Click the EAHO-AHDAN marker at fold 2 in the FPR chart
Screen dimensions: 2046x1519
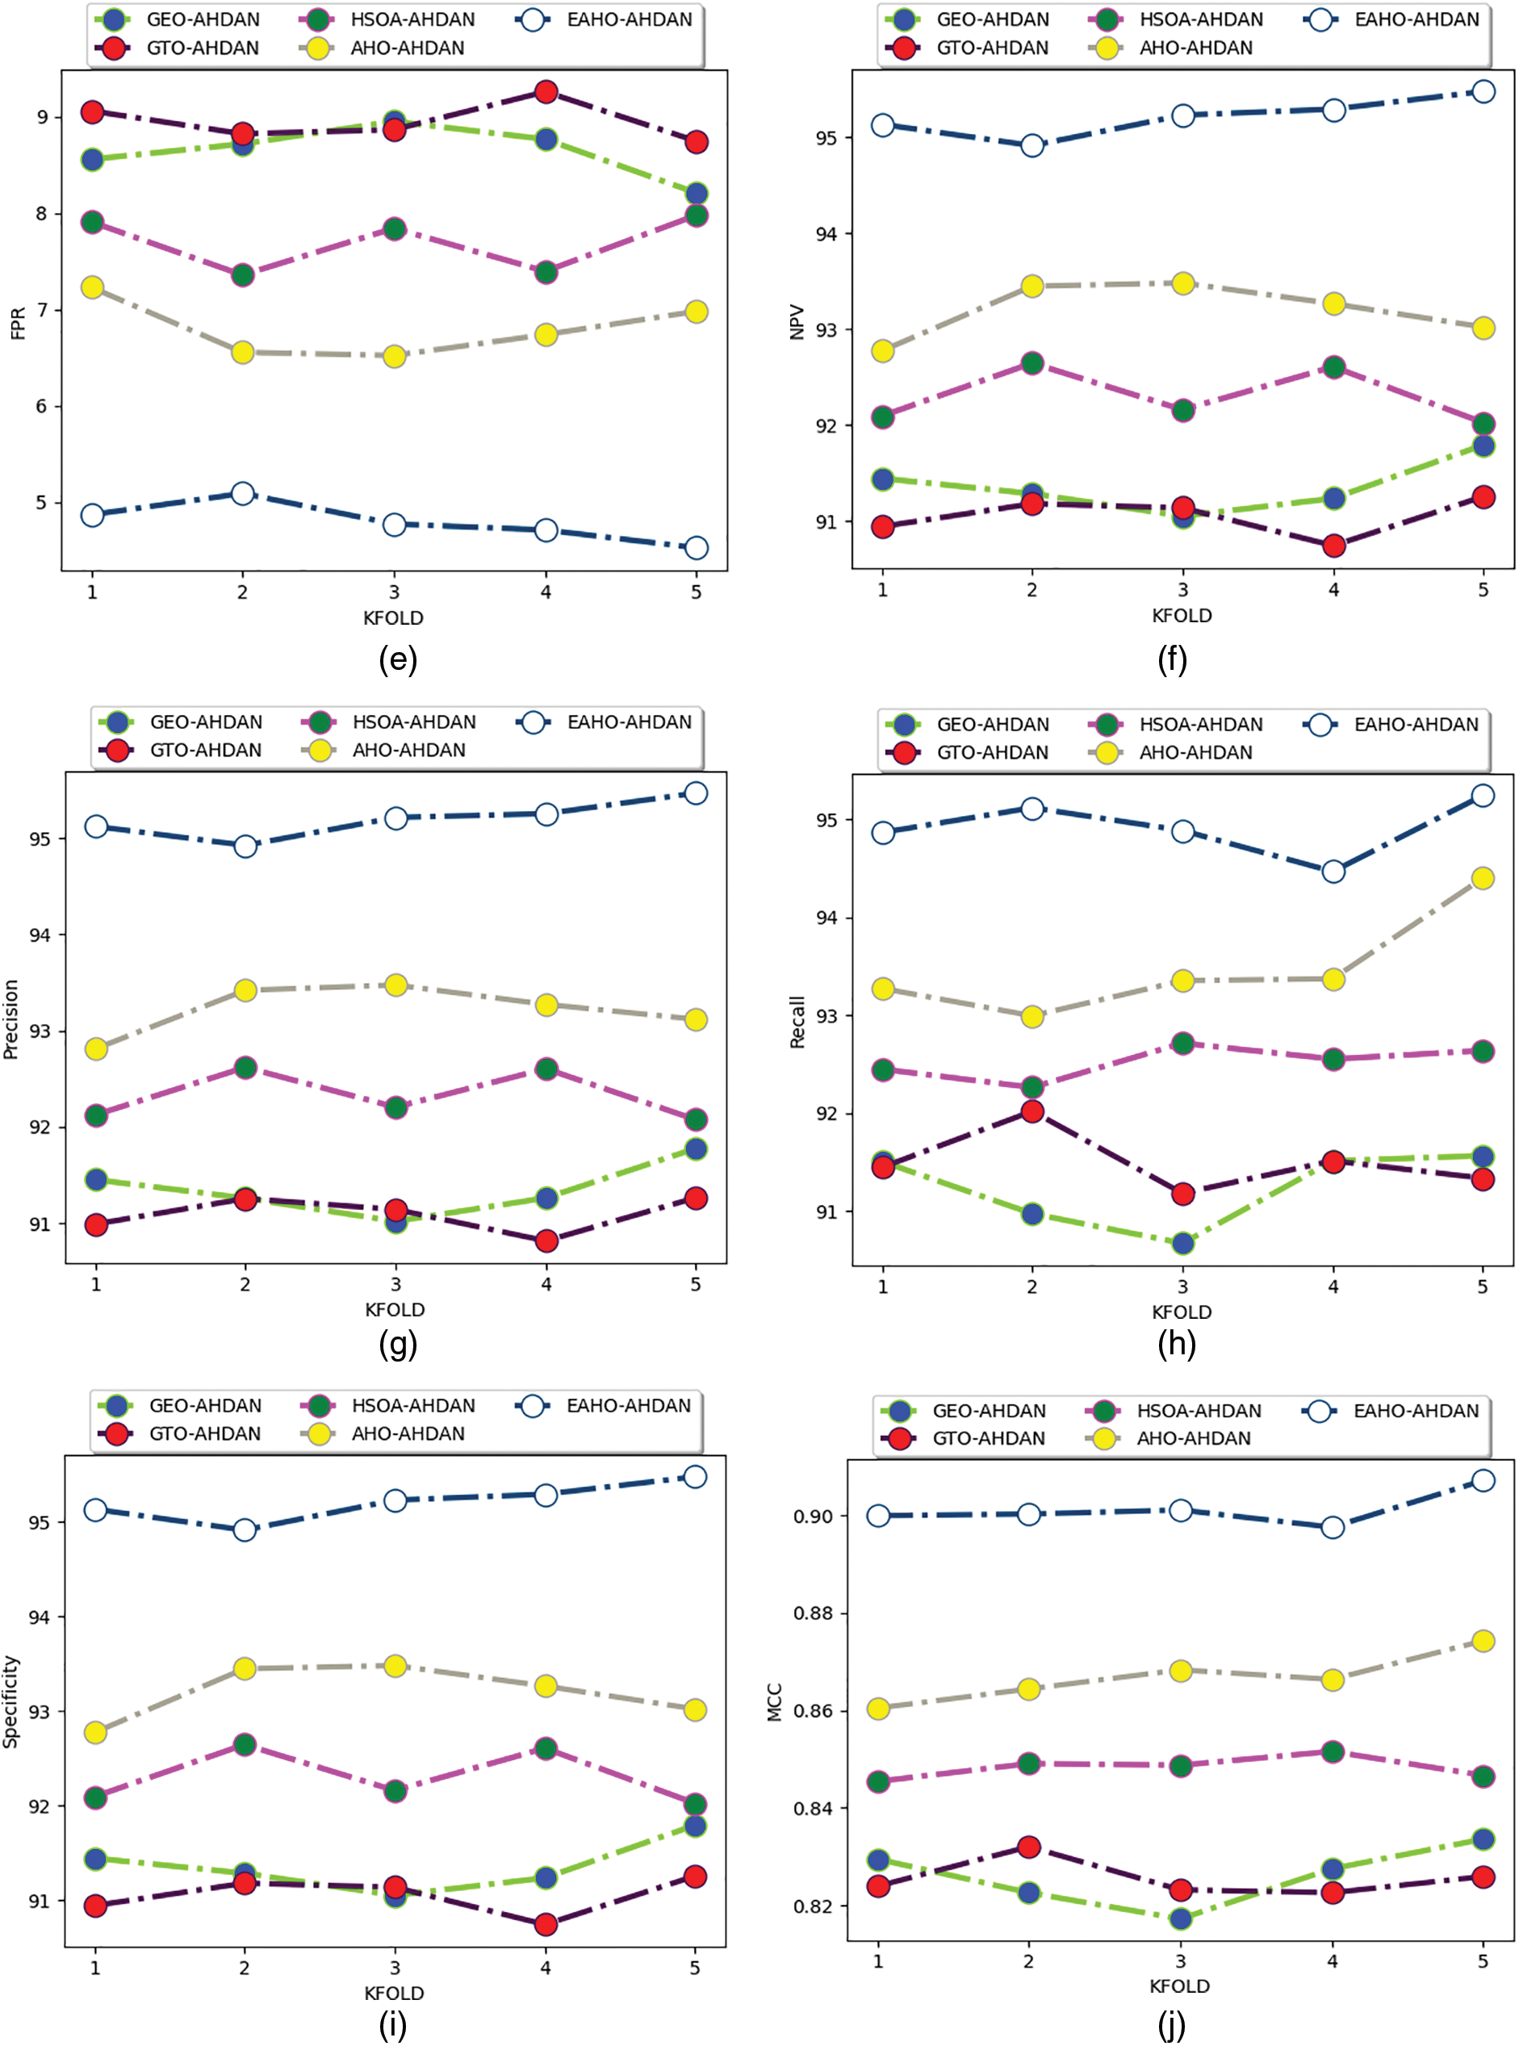pyautogui.click(x=243, y=493)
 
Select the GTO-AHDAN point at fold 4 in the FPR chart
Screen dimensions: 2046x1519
pyautogui.click(x=546, y=92)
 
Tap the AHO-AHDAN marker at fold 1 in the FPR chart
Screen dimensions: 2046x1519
pyautogui.click(x=92, y=287)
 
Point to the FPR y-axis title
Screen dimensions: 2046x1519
pyautogui.click(x=18, y=324)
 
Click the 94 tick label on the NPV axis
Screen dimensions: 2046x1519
pyautogui.click(x=826, y=233)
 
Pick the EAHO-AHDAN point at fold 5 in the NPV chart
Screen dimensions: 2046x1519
pyautogui.click(x=1483, y=91)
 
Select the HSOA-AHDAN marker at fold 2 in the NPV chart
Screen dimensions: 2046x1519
pyautogui.click(x=1031, y=363)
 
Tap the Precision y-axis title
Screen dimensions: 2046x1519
pyautogui.click(x=11, y=1019)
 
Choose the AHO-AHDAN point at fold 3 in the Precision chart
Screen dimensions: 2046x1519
pyautogui.click(x=395, y=985)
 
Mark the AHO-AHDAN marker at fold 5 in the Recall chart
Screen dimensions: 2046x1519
pyautogui.click(x=1482, y=878)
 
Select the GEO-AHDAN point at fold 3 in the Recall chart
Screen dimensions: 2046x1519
pyautogui.click(x=1182, y=1243)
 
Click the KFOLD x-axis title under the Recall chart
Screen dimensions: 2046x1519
pyautogui.click(x=1182, y=1312)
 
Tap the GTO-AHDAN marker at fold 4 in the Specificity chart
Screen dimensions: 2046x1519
pyautogui.click(x=546, y=1923)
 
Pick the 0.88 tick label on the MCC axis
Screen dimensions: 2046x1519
pyautogui.click(x=814, y=1614)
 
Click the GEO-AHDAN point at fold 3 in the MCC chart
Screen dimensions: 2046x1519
pyautogui.click(x=1181, y=1918)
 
